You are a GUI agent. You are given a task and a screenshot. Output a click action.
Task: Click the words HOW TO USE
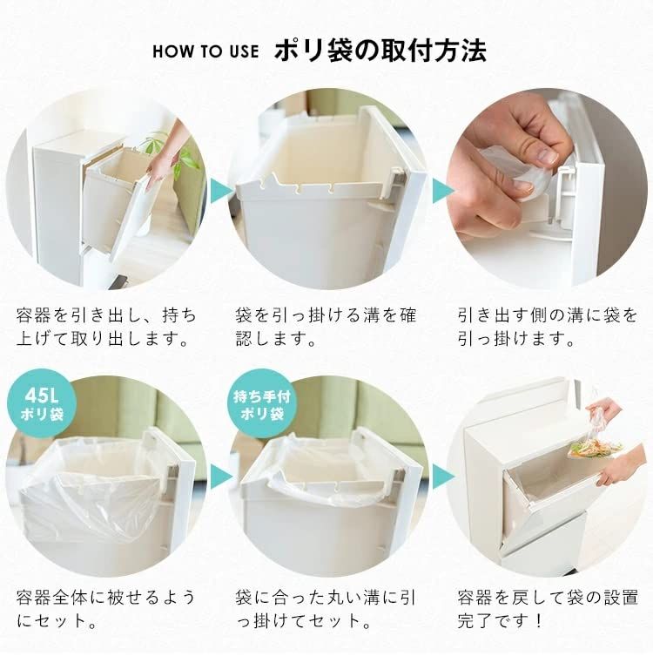pyautogui.click(x=205, y=51)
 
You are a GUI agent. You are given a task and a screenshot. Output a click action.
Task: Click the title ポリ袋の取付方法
pyautogui.click(x=380, y=49)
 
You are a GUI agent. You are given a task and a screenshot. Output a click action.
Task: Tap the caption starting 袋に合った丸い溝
pyautogui.click(x=326, y=611)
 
